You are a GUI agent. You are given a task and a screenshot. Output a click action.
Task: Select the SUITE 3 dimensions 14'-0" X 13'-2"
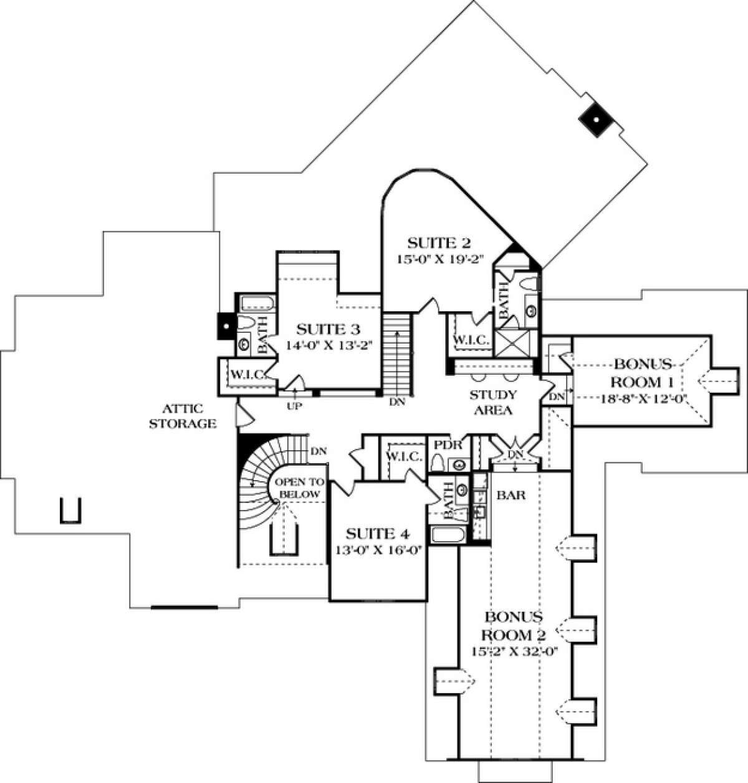coord(328,346)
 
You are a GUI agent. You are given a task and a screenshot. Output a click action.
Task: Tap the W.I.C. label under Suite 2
coord(471,341)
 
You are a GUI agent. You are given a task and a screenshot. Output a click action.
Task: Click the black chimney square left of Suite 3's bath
coord(224,325)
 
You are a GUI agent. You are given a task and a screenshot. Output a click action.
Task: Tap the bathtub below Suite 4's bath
coord(444,536)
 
